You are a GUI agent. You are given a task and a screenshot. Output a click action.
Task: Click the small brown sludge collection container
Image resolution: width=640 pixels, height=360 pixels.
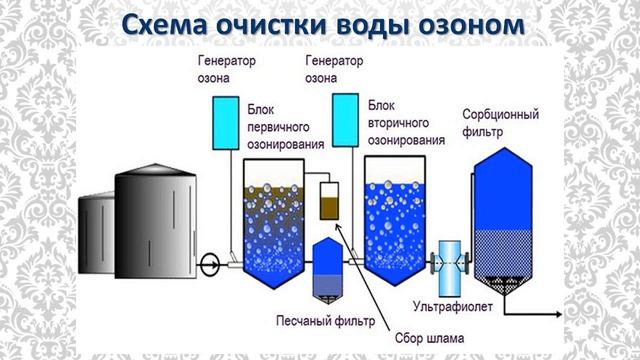click(x=329, y=203)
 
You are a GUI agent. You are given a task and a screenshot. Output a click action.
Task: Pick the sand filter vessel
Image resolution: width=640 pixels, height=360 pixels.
click(x=328, y=269)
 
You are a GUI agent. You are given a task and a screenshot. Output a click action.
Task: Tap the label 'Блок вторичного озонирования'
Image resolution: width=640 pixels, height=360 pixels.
click(x=405, y=122)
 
